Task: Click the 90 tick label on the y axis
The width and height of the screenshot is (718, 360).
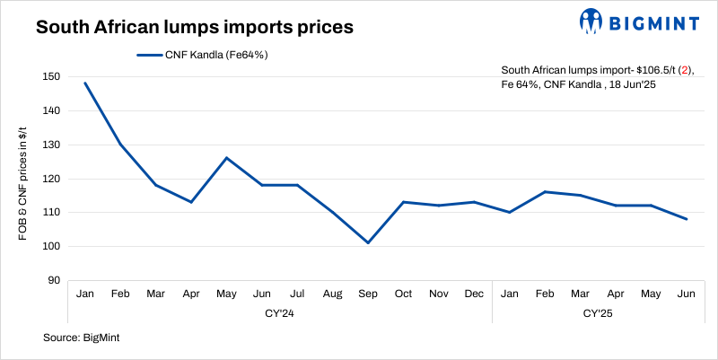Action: coord(55,281)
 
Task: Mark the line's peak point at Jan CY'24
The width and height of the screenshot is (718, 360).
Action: coord(85,83)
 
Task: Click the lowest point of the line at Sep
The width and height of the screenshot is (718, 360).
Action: coord(367,242)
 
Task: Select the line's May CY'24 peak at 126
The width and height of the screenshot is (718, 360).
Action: coord(226,158)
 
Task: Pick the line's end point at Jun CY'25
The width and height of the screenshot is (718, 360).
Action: coord(687,219)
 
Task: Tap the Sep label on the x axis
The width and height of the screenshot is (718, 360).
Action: coord(367,294)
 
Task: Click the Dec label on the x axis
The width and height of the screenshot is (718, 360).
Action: coord(473,294)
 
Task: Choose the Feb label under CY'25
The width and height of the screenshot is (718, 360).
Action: coord(544,294)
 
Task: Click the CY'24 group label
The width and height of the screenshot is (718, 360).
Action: coord(279,314)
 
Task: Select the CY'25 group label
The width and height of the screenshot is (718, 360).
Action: coord(597,314)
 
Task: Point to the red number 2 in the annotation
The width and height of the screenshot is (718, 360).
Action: coord(684,69)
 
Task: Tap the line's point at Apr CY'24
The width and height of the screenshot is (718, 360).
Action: coord(191,202)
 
